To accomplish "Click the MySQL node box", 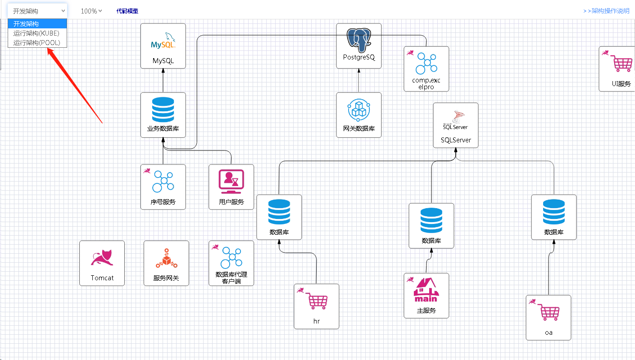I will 163,46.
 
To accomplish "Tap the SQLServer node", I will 456,125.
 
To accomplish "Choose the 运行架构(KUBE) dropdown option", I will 36,33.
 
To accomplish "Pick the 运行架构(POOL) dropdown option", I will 36,43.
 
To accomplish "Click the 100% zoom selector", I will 91,11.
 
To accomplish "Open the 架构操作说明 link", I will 606,11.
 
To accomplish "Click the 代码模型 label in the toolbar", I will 127,11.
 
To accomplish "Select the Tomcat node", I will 102,263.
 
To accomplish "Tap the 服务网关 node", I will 166,263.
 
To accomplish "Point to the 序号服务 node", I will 163,187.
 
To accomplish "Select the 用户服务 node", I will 231,187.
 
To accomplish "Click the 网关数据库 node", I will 359,115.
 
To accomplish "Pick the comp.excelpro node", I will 426,69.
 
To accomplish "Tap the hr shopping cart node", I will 317,306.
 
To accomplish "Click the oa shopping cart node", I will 549,318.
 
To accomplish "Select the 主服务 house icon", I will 426,290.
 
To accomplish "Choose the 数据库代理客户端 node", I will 231,263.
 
